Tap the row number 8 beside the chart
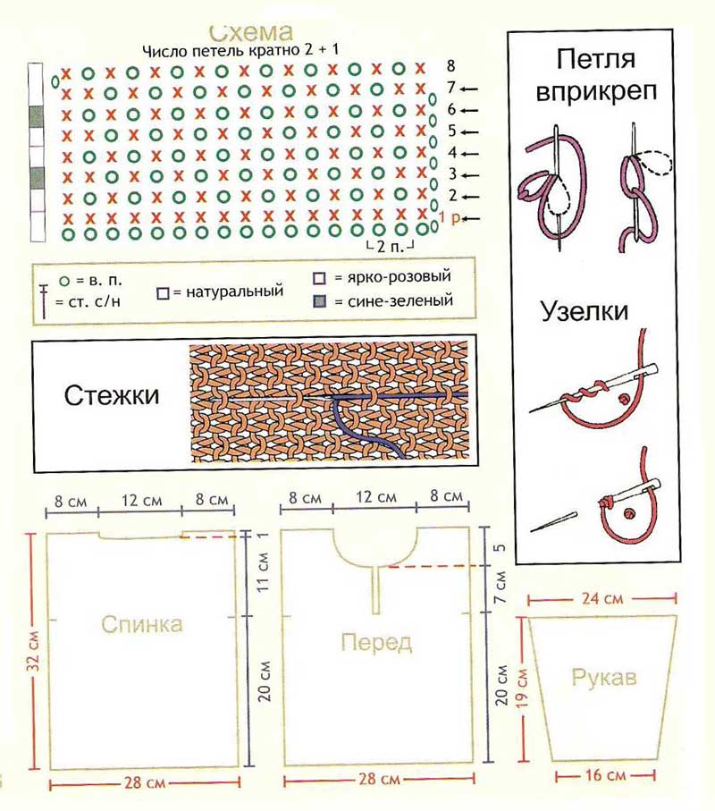point(450,66)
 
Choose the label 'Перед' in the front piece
point(374,641)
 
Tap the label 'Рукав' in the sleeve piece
point(603,678)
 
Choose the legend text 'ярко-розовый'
point(394,276)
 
